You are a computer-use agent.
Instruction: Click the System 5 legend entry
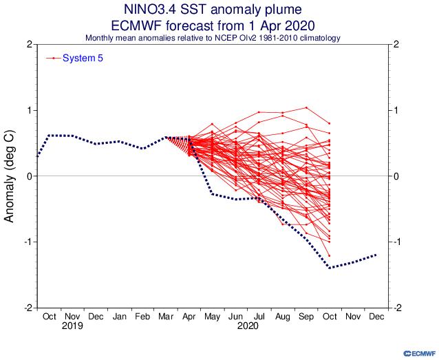coord(83,58)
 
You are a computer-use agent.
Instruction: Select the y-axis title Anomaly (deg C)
coord(10,176)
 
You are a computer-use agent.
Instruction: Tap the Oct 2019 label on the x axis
coord(49,317)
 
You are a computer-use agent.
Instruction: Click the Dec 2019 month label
coord(96,317)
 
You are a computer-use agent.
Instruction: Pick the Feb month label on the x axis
coord(142,317)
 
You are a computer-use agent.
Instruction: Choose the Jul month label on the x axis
coord(259,317)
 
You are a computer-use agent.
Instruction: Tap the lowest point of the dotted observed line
coord(330,268)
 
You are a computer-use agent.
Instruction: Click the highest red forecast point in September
coord(306,107)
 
